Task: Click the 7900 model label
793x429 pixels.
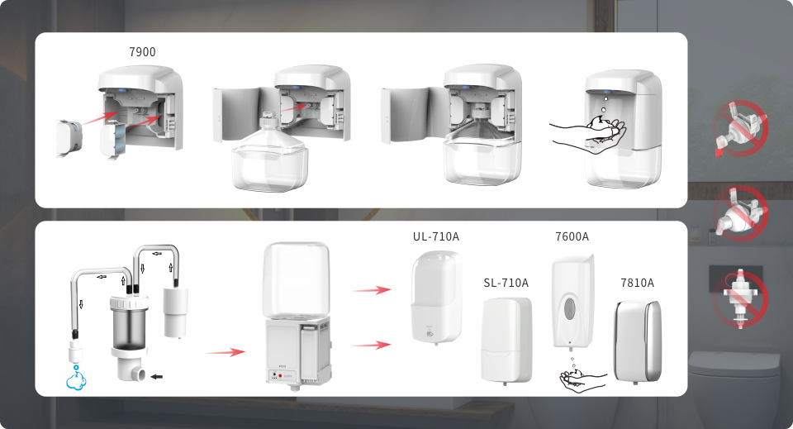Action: pos(142,51)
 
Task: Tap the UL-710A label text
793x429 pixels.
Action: pos(436,236)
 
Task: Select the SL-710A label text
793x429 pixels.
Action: pos(506,283)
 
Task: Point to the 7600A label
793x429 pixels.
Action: pos(572,236)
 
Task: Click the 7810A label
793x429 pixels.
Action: pos(637,283)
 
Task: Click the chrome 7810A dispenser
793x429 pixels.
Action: pos(637,341)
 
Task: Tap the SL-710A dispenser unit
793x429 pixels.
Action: pos(506,340)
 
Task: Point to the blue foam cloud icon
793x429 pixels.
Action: pos(76,381)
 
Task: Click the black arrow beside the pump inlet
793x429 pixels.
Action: pos(157,376)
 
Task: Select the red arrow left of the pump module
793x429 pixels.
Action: pos(226,352)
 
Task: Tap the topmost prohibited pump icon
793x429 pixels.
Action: pos(740,128)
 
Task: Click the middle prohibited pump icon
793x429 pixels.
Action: pos(740,213)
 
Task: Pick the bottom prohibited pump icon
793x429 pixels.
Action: pos(740,299)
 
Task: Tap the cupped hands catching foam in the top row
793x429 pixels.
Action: pos(589,135)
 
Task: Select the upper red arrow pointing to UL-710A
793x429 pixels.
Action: pos(372,290)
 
